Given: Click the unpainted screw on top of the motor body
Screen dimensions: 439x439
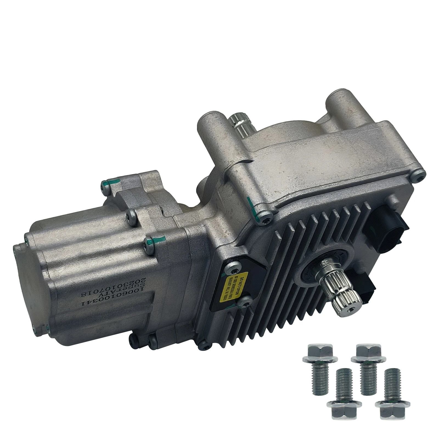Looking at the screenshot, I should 131,212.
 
